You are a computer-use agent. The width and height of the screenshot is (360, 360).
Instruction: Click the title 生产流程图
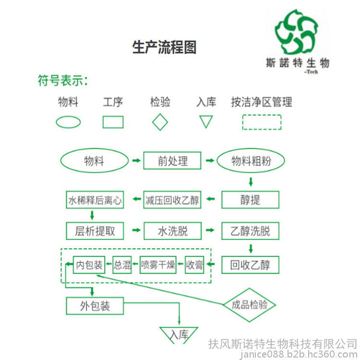[164, 47]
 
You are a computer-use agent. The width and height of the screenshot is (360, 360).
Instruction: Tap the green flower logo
[297, 32]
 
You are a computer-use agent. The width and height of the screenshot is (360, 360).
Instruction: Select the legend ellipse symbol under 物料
[68, 122]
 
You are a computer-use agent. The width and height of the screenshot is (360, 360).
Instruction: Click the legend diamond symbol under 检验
[160, 122]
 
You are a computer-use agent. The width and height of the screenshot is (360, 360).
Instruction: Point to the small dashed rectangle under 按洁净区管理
[262, 122]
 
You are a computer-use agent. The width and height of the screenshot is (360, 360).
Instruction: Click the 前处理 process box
[172, 160]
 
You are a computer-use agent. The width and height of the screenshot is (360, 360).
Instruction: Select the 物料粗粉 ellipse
[251, 160]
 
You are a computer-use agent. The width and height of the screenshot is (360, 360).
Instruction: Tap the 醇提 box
[250, 200]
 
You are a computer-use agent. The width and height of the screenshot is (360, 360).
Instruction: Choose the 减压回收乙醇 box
[172, 200]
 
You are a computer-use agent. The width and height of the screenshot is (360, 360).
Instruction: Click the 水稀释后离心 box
[95, 200]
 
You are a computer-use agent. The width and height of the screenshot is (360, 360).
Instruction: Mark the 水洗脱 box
[173, 231]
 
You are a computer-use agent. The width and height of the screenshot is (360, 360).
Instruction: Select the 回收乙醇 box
[250, 265]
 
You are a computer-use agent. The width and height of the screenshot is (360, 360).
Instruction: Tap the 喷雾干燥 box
[158, 265]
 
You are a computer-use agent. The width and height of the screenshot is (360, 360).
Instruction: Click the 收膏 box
[194, 265]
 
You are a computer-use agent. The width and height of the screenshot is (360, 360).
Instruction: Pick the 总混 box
[122, 265]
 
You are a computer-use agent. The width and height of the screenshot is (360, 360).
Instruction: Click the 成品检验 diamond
[249, 305]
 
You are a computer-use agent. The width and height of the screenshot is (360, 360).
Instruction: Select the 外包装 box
[95, 306]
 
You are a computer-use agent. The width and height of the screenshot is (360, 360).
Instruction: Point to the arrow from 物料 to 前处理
[136, 160]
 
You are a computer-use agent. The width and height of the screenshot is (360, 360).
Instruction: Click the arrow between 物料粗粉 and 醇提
[251, 182]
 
